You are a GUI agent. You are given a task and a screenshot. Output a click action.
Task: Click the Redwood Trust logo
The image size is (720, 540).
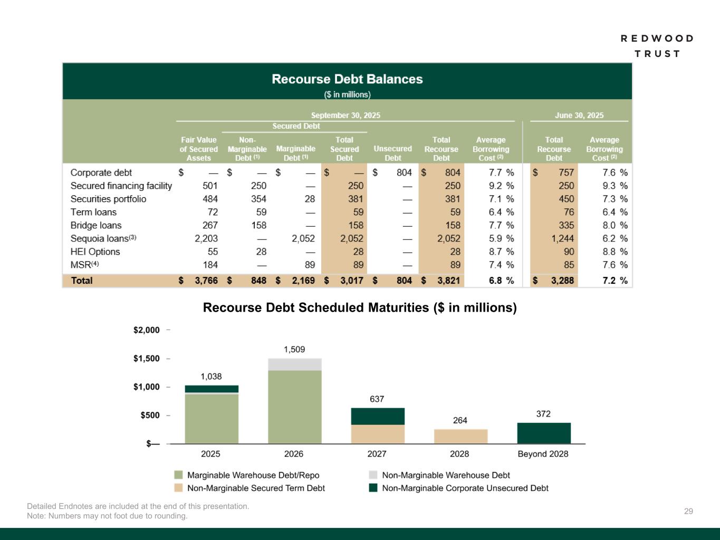point(657,46)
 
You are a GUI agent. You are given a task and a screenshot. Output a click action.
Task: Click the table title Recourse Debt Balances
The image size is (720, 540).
point(347,79)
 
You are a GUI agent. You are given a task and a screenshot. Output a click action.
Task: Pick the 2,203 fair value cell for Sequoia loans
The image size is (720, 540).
point(206,238)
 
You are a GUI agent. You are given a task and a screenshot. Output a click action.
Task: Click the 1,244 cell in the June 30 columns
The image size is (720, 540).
point(562,238)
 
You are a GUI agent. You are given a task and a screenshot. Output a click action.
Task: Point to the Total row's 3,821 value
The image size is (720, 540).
point(448,281)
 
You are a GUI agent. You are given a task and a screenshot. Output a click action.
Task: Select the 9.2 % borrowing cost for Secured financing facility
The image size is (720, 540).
point(501,186)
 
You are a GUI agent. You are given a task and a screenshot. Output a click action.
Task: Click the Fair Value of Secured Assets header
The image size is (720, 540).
point(198,149)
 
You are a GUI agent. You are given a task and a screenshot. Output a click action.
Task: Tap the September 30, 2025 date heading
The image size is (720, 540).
point(345,115)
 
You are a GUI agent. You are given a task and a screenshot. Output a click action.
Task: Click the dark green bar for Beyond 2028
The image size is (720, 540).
point(544,433)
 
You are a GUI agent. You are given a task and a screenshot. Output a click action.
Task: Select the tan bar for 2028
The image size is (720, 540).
point(460,436)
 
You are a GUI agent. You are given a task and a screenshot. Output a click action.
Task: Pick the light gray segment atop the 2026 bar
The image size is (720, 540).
point(294,364)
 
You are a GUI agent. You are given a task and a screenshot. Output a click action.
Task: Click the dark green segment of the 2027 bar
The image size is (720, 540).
point(378,416)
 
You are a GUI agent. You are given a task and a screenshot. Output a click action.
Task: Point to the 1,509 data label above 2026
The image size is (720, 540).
point(294,349)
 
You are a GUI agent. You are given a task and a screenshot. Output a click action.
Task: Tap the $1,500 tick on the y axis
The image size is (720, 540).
point(146,359)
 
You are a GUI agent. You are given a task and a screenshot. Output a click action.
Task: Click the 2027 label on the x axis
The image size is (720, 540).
point(377,454)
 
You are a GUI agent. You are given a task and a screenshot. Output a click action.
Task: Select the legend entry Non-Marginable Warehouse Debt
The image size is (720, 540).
point(446,475)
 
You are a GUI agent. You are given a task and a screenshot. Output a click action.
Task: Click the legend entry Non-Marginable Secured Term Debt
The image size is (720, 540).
point(256,488)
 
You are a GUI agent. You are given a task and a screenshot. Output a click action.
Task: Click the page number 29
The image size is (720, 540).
point(688,511)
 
